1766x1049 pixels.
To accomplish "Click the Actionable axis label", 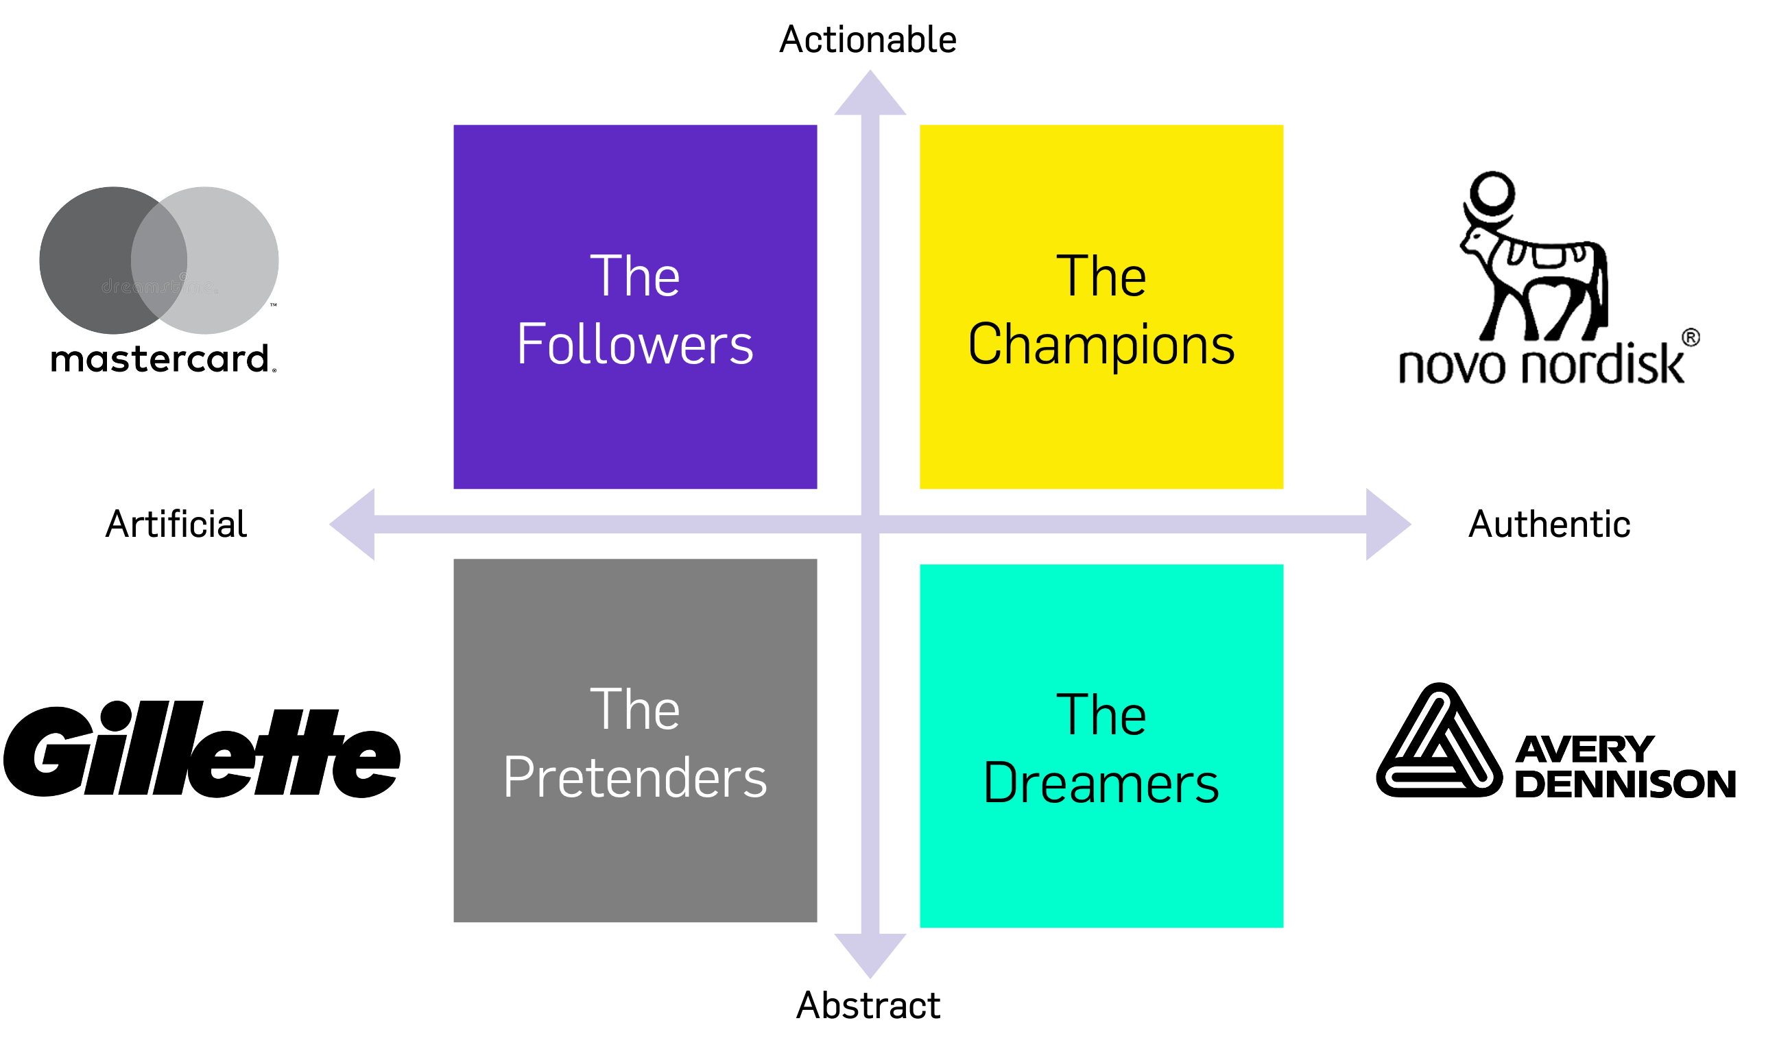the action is coord(868,40).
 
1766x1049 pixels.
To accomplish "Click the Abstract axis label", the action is coord(868,1005).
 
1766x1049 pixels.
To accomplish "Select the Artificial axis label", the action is coord(176,524).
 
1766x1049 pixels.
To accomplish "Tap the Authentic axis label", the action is coord(1549,524).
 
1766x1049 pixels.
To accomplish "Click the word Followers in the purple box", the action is coord(635,344).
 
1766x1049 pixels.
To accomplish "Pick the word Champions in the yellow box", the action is coord(1101,344).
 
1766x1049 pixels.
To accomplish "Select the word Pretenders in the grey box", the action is coord(635,777).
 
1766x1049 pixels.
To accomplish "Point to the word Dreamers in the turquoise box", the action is coord(1101,783).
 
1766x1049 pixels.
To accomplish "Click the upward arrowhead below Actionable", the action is coord(870,95).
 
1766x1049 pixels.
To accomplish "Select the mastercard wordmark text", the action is coord(161,359).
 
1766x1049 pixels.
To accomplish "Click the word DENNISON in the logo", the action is coord(1625,784).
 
